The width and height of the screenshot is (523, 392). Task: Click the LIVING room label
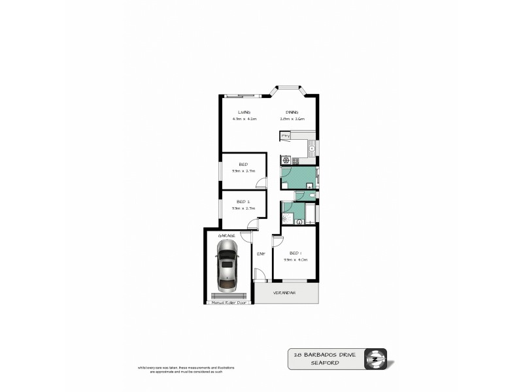coord(244,112)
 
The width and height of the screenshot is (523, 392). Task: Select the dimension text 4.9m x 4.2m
coord(244,119)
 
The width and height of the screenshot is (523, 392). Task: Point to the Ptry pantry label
coord(285,135)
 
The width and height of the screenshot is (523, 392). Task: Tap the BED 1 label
coord(295,253)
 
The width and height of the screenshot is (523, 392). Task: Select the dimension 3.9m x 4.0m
coord(295,260)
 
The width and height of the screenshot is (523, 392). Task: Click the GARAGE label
coord(227,235)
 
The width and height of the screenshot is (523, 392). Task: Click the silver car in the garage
coord(227,265)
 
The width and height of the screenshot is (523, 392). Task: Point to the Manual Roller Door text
coord(228,303)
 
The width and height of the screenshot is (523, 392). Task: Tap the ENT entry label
coord(260,253)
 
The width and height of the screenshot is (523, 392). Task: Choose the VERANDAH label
coord(285,293)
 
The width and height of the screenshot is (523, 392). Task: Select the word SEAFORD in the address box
coord(324,362)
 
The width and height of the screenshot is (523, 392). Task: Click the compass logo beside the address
coord(376,357)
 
